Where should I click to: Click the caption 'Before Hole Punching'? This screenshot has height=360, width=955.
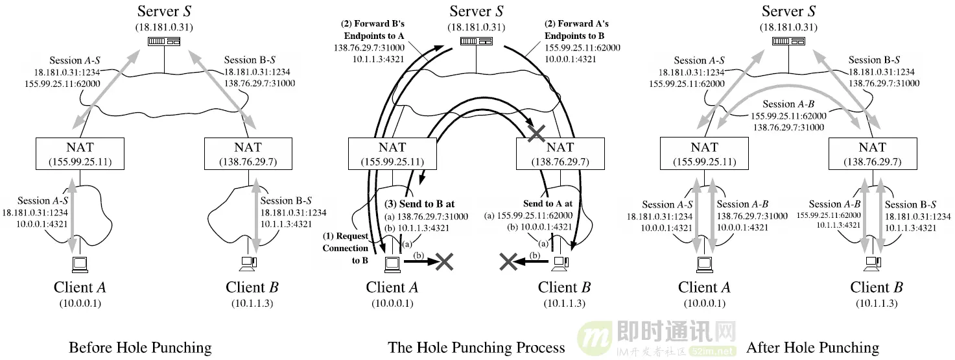[x=140, y=348]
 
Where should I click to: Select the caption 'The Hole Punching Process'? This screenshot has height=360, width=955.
[x=477, y=348]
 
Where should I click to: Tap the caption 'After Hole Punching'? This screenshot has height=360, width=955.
[x=812, y=348]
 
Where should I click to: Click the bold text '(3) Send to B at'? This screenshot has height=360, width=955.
[x=419, y=204]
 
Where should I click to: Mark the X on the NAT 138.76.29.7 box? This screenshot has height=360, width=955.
[x=536, y=134]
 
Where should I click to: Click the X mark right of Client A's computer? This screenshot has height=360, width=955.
[x=444, y=261]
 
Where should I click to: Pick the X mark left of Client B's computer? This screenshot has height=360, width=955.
[x=508, y=261]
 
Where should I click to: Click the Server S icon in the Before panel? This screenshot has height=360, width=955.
[x=163, y=41]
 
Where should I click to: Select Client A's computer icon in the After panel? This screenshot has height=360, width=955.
[x=703, y=263]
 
